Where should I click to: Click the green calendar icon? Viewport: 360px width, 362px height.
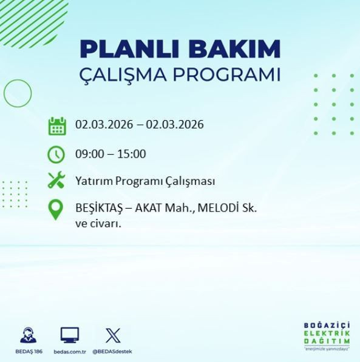tap(56, 126)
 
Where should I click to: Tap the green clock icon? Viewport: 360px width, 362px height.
tap(56, 154)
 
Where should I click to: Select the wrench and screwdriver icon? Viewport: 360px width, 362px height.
tap(56, 181)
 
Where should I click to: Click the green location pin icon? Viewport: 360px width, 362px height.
tap(56, 210)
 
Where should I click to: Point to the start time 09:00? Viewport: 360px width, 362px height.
tap(89, 154)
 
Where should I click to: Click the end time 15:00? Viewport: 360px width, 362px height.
tap(132, 154)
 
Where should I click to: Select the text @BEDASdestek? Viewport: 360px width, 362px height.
tap(113, 352)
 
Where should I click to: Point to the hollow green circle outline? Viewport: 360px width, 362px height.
tap(17, 93)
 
